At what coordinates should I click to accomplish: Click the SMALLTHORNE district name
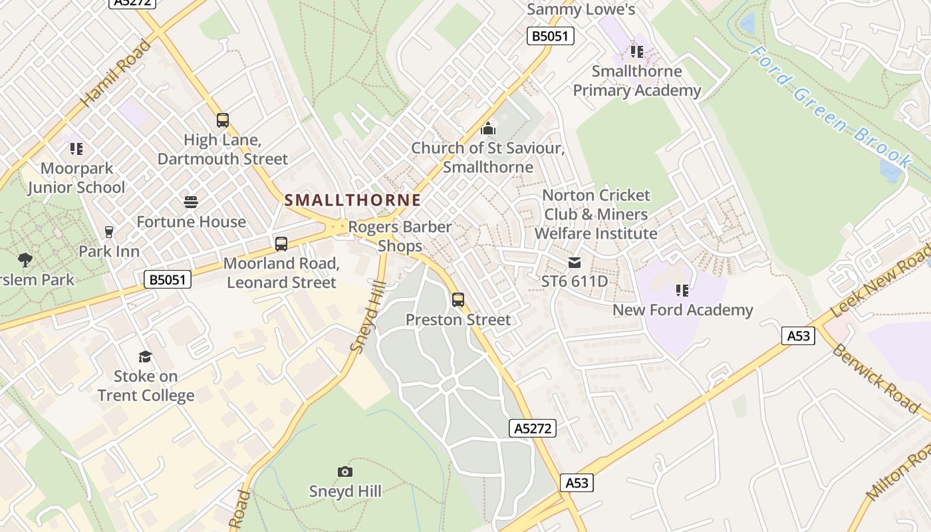(x=352, y=200)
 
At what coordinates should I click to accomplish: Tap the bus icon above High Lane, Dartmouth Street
(x=223, y=120)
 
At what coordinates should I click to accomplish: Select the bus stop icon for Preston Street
(x=458, y=300)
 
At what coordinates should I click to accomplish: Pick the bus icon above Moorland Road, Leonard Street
(x=281, y=244)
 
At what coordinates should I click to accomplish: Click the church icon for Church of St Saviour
(x=488, y=128)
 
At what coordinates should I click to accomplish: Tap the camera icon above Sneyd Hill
(x=344, y=471)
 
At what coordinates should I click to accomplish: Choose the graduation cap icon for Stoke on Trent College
(x=145, y=357)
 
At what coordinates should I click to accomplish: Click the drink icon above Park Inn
(x=109, y=232)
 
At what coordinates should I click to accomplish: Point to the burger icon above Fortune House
(x=191, y=202)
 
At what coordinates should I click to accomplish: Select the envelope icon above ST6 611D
(x=575, y=263)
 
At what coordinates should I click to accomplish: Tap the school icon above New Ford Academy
(x=682, y=291)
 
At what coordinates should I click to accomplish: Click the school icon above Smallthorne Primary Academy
(x=636, y=51)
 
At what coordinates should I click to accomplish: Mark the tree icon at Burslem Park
(x=25, y=259)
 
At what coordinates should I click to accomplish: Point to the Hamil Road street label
(x=116, y=74)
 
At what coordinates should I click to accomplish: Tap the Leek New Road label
(x=880, y=277)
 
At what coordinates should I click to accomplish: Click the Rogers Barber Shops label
(x=400, y=236)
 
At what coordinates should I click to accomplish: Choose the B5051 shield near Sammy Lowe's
(x=551, y=36)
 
